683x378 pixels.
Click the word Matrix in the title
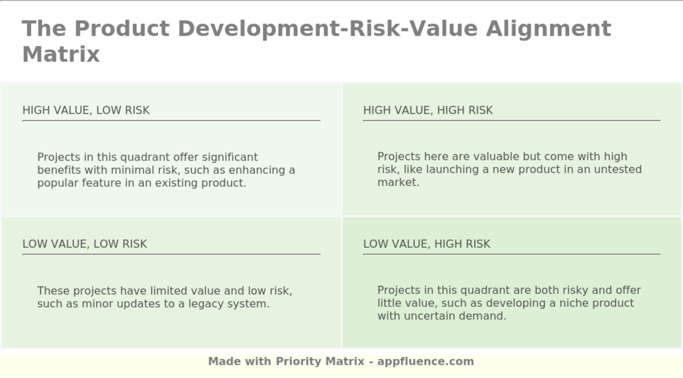(x=61, y=54)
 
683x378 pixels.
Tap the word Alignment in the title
(x=548, y=28)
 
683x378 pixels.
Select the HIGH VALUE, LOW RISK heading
(x=86, y=110)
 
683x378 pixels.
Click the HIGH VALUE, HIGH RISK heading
(x=428, y=110)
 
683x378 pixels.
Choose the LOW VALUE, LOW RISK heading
(x=84, y=244)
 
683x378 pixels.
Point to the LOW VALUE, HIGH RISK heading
(x=426, y=244)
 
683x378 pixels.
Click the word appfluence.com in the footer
(x=425, y=361)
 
